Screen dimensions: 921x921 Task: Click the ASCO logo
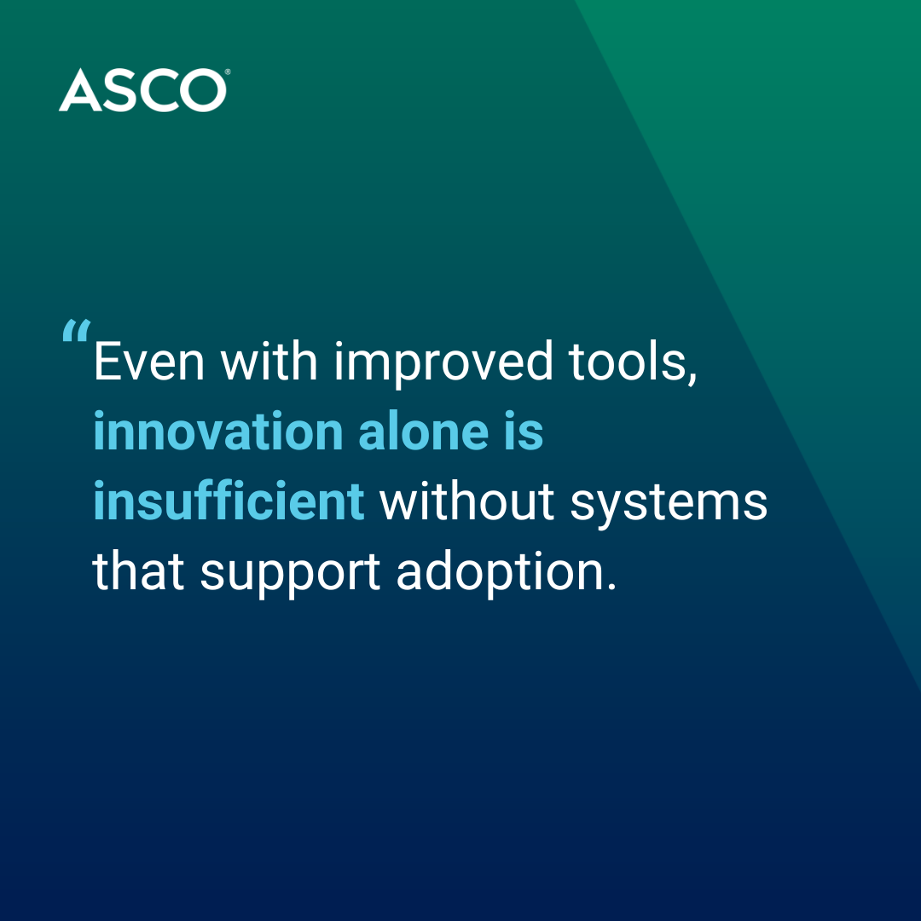tap(144, 90)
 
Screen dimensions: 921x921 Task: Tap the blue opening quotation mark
tap(77, 331)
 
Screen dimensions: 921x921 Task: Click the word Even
tap(149, 362)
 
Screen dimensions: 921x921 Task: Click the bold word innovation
tap(218, 432)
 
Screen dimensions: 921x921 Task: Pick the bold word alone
tap(424, 432)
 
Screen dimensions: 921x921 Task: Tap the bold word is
tap(524, 432)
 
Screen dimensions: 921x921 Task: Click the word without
tap(467, 501)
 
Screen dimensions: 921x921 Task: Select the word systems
tap(669, 505)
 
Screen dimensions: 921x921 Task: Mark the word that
tap(138, 571)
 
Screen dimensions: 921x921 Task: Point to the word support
tap(290, 574)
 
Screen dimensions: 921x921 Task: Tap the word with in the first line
tap(269, 361)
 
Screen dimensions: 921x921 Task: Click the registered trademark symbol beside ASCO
tap(228, 72)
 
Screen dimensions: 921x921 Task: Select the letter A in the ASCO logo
tap(80, 90)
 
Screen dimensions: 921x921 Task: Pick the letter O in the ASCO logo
tap(203, 90)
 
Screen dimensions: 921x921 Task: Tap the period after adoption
tap(611, 585)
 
